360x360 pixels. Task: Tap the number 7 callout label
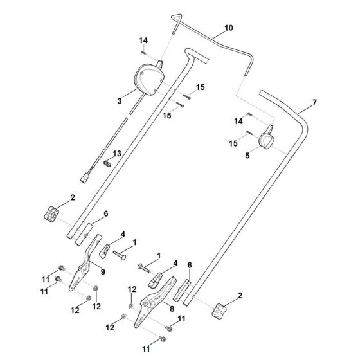tap(314, 103)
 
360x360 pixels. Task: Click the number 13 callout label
tap(117, 154)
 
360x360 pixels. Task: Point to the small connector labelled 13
tap(108, 163)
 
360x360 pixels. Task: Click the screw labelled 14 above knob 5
tap(250, 114)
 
